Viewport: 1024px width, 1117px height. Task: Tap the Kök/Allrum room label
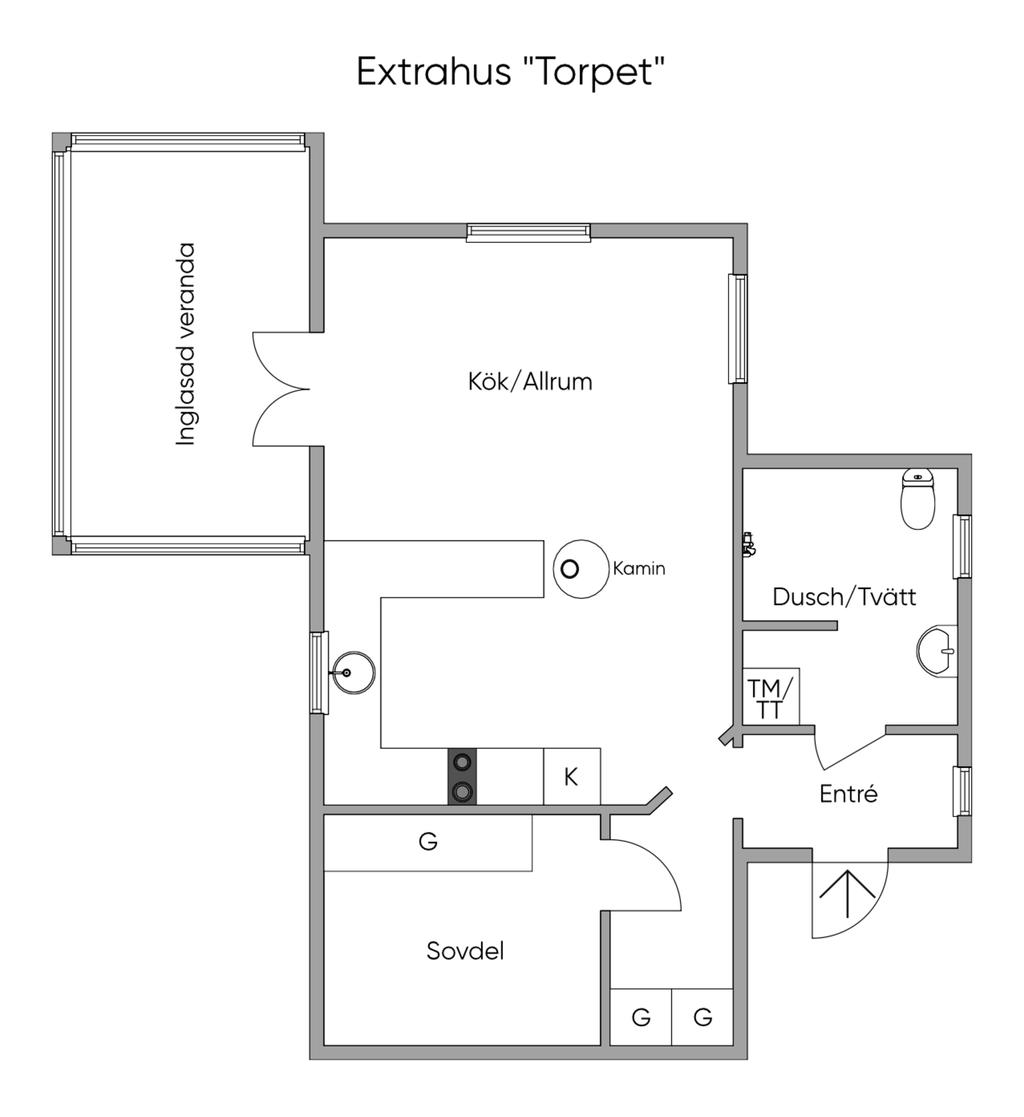pyautogui.click(x=529, y=381)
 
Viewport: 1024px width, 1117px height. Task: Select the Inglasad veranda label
pyautogui.click(x=185, y=345)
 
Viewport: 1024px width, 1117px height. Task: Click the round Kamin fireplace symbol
pyautogui.click(x=581, y=568)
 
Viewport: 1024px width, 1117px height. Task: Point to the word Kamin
pyautogui.click(x=639, y=568)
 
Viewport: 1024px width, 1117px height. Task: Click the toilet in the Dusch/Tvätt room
pyautogui.click(x=918, y=498)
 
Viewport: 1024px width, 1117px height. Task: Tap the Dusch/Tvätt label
pyautogui.click(x=844, y=596)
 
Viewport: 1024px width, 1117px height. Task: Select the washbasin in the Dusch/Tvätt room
pyautogui.click(x=936, y=650)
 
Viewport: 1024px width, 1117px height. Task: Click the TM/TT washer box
pyautogui.click(x=770, y=697)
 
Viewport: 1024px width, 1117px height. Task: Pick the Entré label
pyautogui.click(x=848, y=794)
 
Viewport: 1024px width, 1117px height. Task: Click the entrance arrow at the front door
pyautogui.click(x=847, y=894)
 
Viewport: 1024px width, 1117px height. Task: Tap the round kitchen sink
pyautogui.click(x=353, y=672)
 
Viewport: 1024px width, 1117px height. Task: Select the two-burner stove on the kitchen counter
pyautogui.click(x=462, y=776)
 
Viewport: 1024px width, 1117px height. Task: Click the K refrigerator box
pyautogui.click(x=572, y=776)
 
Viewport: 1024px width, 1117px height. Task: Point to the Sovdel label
pyautogui.click(x=465, y=950)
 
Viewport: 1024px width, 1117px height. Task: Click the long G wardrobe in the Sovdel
pyautogui.click(x=428, y=842)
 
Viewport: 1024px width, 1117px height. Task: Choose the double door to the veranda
pyautogui.click(x=281, y=389)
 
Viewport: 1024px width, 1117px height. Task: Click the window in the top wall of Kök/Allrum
pyautogui.click(x=529, y=232)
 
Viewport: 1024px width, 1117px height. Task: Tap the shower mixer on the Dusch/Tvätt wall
pyautogui.click(x=748, y=544)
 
